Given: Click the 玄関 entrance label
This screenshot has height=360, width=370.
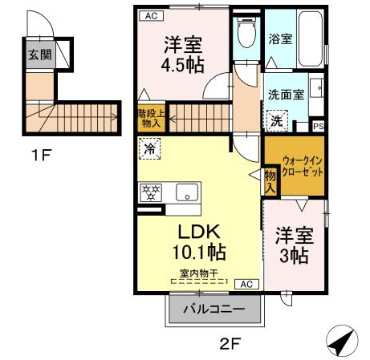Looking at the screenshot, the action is (39, 55).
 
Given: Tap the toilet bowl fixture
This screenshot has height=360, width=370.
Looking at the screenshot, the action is (246, 33).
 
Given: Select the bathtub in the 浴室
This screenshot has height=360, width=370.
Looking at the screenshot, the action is (310, 38).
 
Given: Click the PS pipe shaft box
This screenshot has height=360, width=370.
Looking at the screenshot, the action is (319, 126).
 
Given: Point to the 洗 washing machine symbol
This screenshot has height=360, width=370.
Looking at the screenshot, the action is (277, 121).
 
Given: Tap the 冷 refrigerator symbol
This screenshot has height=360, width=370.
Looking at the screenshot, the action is (149, 148).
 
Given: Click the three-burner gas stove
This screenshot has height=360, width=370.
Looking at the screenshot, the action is (151, 192).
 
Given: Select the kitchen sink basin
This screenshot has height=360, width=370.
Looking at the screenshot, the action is (187, 192).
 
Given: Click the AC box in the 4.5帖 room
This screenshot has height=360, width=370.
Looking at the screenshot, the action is (152, 16).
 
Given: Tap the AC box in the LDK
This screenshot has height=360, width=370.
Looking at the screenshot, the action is (246, 284).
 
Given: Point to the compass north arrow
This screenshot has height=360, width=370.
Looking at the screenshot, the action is (342, 340).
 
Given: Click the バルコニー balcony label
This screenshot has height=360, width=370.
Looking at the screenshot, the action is (213, 309).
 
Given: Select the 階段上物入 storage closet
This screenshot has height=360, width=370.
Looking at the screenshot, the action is (151, 119).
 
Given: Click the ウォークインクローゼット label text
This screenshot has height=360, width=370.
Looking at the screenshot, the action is (302, 167).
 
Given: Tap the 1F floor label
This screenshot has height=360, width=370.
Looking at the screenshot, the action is (42, 155).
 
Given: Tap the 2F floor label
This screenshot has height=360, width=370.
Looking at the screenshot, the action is (230, 344).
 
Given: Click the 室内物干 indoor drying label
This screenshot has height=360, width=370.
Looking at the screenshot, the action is (199, 273).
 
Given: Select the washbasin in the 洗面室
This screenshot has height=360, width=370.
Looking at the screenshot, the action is (317, 87).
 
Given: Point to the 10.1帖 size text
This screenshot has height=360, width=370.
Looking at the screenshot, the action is (199, 252).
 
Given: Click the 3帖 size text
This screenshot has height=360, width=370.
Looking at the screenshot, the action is (294, 256).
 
